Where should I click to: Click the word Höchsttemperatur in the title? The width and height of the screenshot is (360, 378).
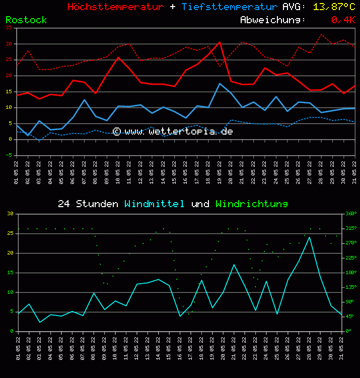pyautogui.click(x=115, y=7)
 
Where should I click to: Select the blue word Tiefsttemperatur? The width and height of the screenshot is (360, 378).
pyautogui.click(x=230, y=7)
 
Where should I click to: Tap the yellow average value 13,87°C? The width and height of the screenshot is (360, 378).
pyautogui.click(x=334, y=7)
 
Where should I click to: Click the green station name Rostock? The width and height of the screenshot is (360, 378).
pyautogui.click(x=26, y=20)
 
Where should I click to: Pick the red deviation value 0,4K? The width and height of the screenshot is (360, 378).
pyautogui.click(x=343, y=20)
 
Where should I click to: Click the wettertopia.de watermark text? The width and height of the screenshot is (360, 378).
pyautogui.click(x=173, y=132)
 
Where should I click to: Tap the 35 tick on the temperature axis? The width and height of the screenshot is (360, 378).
pyautogui.click(x=9, y=28)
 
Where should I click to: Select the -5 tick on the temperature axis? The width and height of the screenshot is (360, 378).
pyautogui.click(x=9, y=155)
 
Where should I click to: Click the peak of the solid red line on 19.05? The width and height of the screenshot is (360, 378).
pyautogui.click(x=220, y=42)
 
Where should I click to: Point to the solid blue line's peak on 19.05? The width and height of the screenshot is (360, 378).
pyautogui.click(x=220, y=83)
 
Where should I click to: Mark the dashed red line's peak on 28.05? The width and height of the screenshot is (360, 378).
pyautogui.click(x=321, y=34)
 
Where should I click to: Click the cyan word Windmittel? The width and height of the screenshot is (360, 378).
pyautogui.click(x=155, y=204)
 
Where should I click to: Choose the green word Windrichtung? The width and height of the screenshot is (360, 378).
pyautogui.click(x=251, y=204)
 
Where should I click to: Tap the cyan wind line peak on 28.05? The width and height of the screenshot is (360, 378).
pyautogui.click(x=310, y=237)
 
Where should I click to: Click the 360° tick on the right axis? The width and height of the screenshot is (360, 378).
pyautogui.click(x=350, y=214)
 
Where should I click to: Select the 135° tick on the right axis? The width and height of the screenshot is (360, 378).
pyautogui.click(x=350, y=287)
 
